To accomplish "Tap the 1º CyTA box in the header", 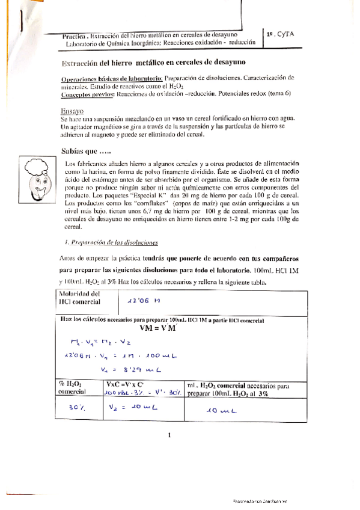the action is point(281,35).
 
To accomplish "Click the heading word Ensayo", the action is point(72,112).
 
